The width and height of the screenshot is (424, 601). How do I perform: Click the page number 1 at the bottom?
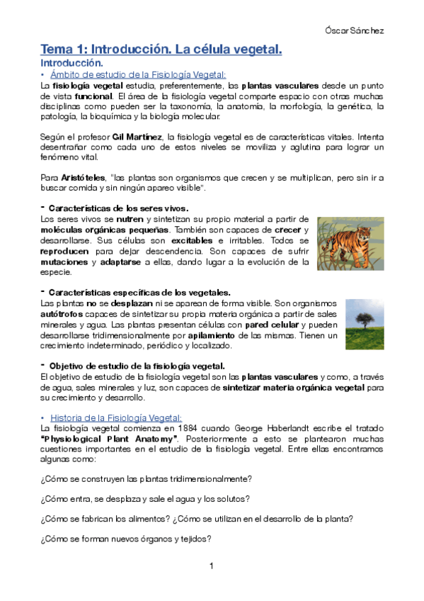pyautogui.click(x=212, y=566)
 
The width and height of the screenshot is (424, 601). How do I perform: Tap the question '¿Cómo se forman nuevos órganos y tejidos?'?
pyautogui.click(x=126, y=539)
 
